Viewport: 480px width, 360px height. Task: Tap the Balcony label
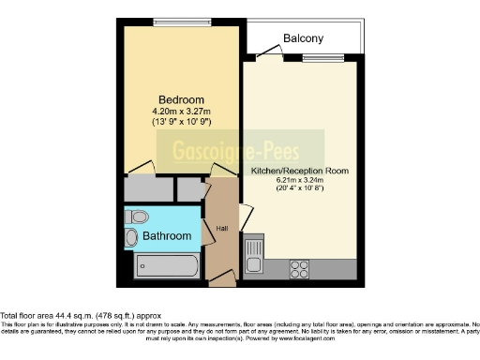[303, 38]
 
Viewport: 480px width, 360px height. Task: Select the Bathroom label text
[167, 237]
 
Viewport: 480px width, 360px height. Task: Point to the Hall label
[222, 228]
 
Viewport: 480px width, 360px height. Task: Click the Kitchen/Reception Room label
[299, 172]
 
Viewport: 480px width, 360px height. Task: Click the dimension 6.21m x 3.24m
[299, 181]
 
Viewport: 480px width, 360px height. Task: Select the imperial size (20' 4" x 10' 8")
[299, 190]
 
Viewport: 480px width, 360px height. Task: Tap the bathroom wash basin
[132, 238]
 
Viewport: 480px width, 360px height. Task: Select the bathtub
[166, 265]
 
